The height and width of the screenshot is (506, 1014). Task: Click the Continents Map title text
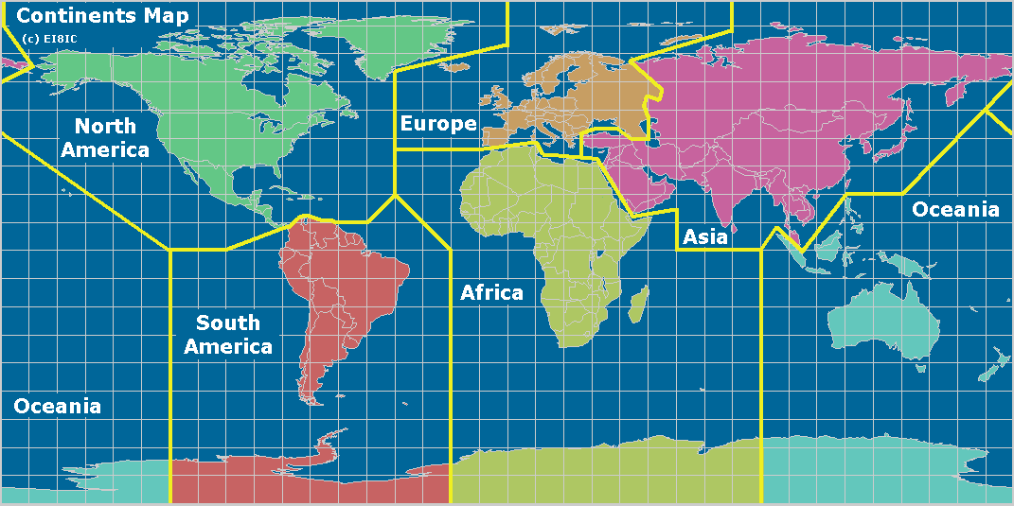pyautogui.click(x=102, y=16)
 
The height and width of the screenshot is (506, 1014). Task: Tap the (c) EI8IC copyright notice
pyautogui.click(x=48, y=38)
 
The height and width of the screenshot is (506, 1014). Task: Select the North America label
pyautogui.click(x=104, y=138)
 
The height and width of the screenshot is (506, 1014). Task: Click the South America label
pyautogui.click(x=228, y=335)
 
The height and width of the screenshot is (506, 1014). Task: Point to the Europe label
pyautogui.click(x=437, y=124)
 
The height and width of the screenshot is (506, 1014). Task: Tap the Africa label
pyautogui.click(x=491, y=292)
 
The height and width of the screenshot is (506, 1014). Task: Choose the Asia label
pyautogui.click(x=705, y=236)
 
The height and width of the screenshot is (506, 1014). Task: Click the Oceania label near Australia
pyautogui.click(x=954, y=210)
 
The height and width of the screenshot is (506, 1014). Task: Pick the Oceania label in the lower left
pyautogui.click(x=57, y=407)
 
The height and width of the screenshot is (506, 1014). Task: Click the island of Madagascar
pyautogui.click(x=639, y=305)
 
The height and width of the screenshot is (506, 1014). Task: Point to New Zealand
pyautogui.click(x=994, y=364)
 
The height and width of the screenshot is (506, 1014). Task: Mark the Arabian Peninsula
pyautogui.click(x=640, y=180)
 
